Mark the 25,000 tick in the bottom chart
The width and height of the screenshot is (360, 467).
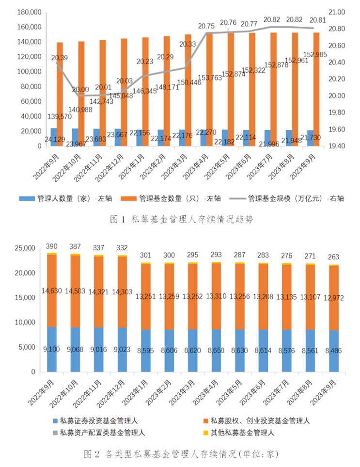point(25,248)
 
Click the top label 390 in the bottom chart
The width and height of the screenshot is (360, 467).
point(51,246)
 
